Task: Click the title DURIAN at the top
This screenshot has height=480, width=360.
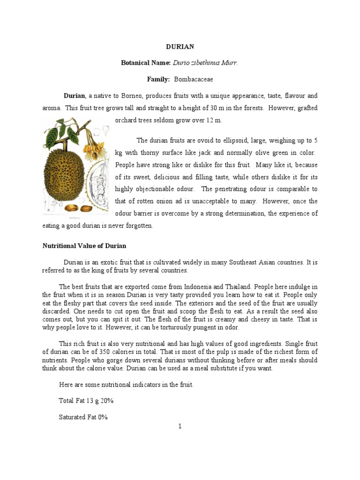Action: pos(180,47)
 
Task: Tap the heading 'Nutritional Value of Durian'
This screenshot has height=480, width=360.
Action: pos(84,246)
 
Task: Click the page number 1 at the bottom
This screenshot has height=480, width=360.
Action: pos(180,426)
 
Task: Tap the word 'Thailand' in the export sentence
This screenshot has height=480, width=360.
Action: pos(239,286)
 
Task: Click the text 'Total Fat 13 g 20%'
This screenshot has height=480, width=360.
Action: pos(86,401)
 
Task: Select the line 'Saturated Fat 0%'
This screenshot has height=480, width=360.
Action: pos(83,417)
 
